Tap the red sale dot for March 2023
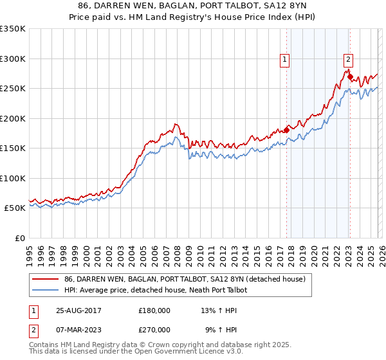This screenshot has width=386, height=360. tap(350, 77)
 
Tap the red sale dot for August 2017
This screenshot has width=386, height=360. tap(287, 130)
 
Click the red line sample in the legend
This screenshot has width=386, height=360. tap(46, 279)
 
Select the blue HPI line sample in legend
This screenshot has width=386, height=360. tap(46, 290)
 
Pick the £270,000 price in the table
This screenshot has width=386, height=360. tap(154, 329)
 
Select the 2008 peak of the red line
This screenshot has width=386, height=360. tap(175, 123)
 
